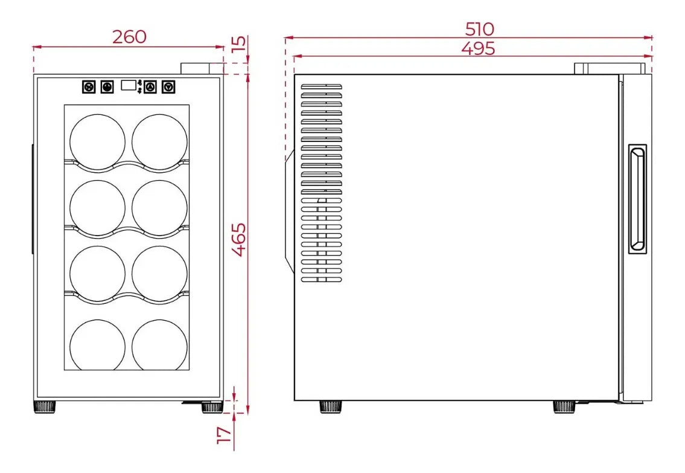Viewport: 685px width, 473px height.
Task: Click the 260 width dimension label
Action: pos(129,37)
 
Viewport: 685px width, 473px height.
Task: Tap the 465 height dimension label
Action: pos(238,240)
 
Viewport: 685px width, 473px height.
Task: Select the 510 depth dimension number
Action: pos(480,29)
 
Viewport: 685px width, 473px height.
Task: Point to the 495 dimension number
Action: pos(479,48)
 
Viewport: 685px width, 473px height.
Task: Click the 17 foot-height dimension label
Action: pos(224,436)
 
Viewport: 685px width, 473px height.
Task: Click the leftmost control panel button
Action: pos(89,87)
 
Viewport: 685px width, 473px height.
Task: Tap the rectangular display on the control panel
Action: pos(129,85)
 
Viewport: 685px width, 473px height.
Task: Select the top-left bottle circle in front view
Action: pos(97,141)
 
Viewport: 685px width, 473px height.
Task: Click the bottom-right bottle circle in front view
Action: pos(159,345)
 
